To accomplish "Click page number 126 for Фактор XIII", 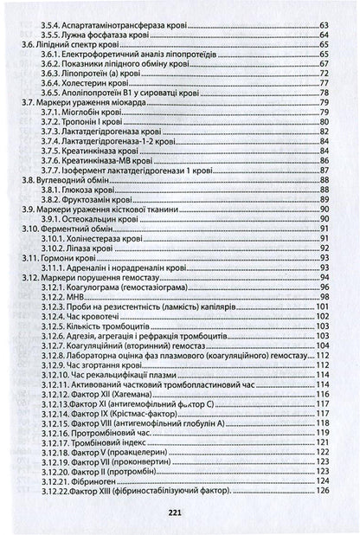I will click(324, 491).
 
